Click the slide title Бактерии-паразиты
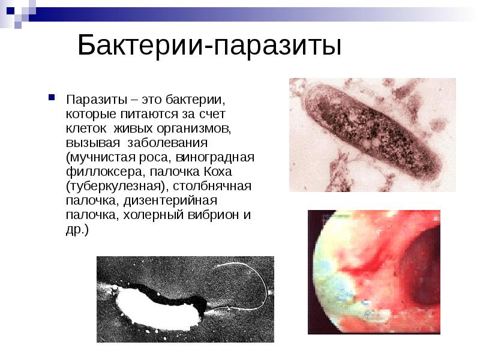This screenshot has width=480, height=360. click(x=209, y=46)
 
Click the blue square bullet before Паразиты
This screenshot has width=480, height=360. click(x=52, y=97)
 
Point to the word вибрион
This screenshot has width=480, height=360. click(x=206, y=215)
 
